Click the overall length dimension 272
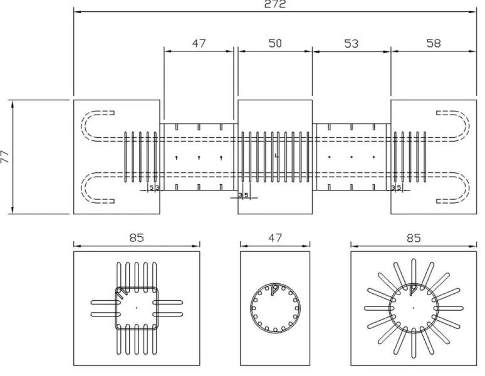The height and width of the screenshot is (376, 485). [275, 4]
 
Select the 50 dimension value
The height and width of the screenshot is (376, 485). [275, 43]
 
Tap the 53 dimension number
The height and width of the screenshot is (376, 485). [351, 44]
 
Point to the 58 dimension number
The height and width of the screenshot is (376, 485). [434, 43]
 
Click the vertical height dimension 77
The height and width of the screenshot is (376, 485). [5, 157]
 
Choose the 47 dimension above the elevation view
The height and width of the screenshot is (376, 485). [199, 43]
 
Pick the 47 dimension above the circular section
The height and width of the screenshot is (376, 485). [275, 238]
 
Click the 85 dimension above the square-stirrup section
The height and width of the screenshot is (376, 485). [137, 238]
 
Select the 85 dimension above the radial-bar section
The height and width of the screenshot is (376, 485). [414, 238]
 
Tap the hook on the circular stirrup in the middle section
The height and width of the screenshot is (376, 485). [274, 290]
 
